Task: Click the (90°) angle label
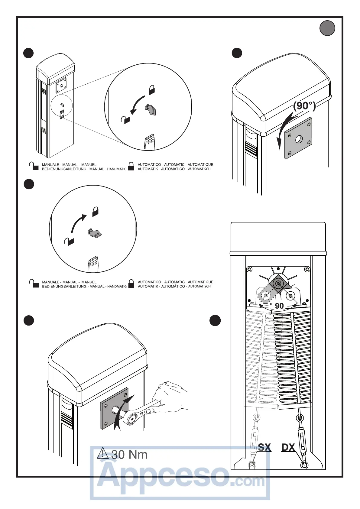click(304, 106)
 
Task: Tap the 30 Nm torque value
click(129, 455)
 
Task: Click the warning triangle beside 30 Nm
click(103, 453)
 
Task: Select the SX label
click(264, 447)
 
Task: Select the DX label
click(288, 447)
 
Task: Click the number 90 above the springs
click(279, 306)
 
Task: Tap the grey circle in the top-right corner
click(327, 28)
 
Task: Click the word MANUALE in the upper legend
click(50, 165)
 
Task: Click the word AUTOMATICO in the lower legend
click(149, 282)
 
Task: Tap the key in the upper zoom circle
click(151, 109)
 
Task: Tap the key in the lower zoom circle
click(94, 232)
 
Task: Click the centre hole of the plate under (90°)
click(299, 139)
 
